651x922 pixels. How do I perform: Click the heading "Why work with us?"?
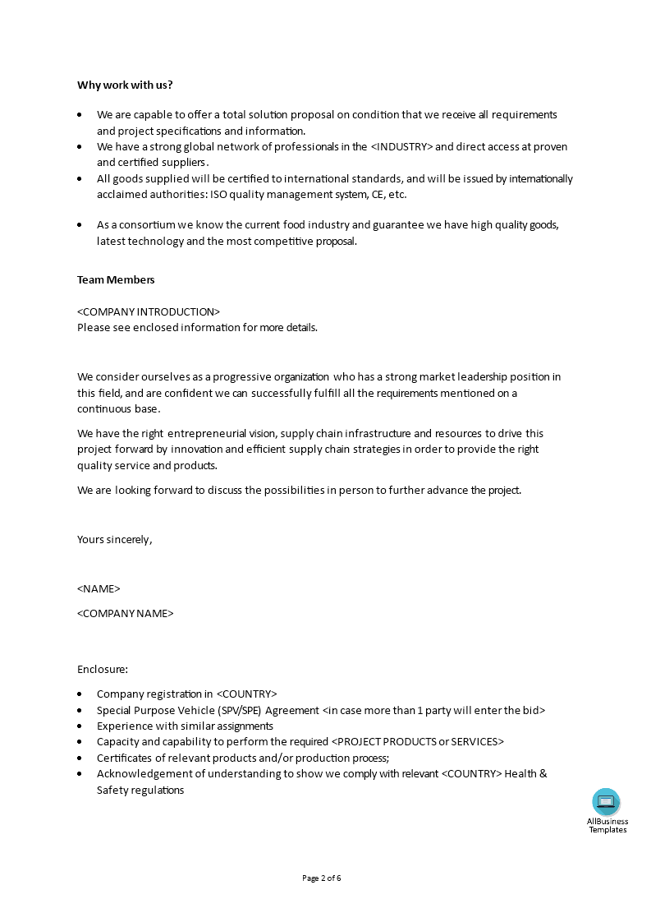[125, 85]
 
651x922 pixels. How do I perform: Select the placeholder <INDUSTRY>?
[401, 147]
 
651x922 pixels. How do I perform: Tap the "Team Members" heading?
[116, 279]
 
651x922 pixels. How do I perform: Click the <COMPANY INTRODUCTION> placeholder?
[149, 311]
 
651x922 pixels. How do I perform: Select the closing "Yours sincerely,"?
[115, 539]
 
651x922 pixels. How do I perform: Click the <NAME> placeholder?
[99, 588]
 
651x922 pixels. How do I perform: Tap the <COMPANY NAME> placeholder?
[126, 613]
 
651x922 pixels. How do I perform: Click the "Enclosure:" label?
[103, 669]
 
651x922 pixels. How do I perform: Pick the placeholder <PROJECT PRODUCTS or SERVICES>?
[418, 741]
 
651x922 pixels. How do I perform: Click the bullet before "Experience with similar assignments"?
[80, 726]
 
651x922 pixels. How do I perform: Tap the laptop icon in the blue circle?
[607, 802]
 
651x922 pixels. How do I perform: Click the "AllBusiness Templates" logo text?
[607, 825]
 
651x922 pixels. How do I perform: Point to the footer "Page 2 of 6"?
[322, 878]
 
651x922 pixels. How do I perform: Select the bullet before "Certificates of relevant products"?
[80, 758]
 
